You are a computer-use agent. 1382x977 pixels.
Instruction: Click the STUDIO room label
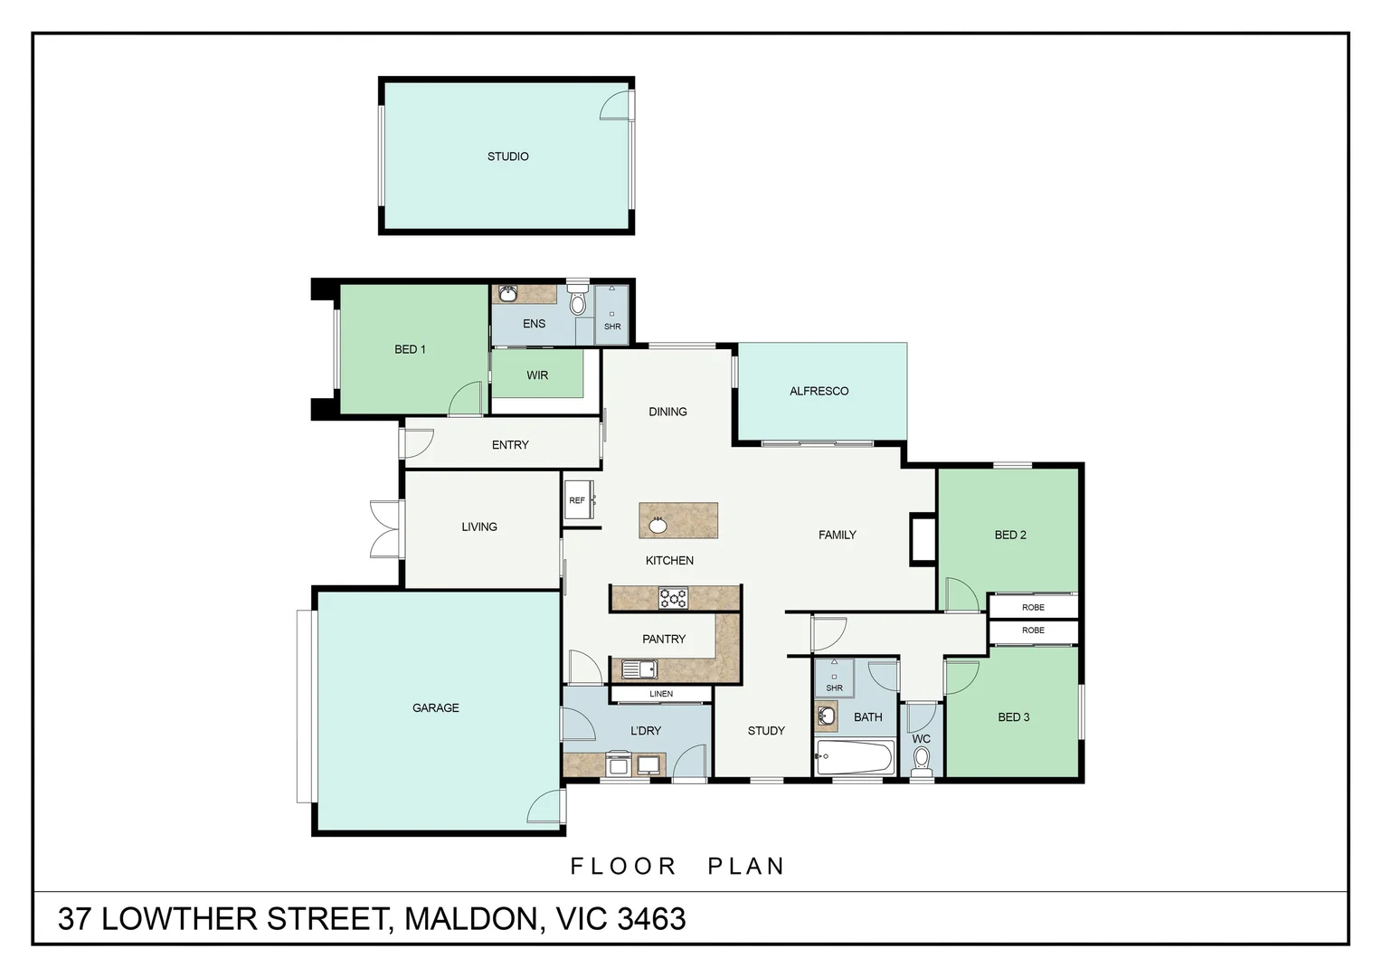point(507,157)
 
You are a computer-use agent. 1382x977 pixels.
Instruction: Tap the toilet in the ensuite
point(577,301)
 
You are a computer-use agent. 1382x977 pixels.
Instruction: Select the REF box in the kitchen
point(578,500)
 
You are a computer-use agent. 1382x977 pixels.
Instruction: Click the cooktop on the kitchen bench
point(673,598)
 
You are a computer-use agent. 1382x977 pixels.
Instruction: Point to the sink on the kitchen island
point(658,525)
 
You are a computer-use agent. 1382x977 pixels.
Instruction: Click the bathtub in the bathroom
point(854,757)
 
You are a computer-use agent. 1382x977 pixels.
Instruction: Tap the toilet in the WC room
point(922,760)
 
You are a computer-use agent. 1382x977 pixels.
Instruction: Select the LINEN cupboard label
point(661,694)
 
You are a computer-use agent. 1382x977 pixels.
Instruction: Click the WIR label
point(537,375)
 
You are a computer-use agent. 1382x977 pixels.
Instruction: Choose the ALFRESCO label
point(819,391)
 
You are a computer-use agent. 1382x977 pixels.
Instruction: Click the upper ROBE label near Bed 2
point(1033,607)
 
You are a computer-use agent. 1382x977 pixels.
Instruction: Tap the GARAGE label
point(436,707)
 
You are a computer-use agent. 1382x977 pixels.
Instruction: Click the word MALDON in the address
point(469,919)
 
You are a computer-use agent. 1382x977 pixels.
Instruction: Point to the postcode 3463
point(651,919)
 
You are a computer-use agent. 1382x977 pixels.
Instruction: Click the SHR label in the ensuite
point(612,327)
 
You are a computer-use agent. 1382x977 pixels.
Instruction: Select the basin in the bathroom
point(826,716)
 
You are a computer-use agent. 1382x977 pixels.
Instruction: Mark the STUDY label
point(766,731)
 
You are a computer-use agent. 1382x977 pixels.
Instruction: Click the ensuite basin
point(508,293)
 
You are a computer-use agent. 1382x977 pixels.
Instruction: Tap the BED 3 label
point(1014,717)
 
